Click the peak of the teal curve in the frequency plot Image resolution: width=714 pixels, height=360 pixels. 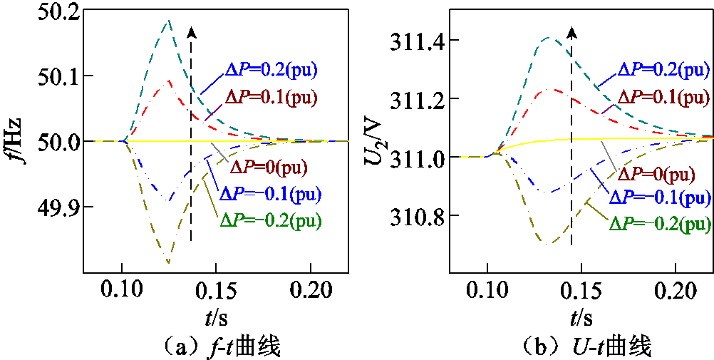pyautogui.click(x=168, y=21)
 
